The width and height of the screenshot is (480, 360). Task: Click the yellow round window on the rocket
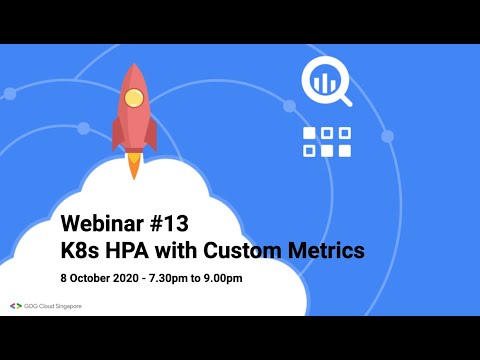pos(135,98)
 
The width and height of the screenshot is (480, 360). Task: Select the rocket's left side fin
pos(117,133)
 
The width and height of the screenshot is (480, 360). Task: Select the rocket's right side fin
pos(152,133)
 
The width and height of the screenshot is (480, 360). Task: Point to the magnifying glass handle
pos(345,99)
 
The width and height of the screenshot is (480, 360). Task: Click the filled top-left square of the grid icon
pos(309,133)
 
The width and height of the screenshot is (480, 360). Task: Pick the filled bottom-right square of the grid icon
pos(344,151)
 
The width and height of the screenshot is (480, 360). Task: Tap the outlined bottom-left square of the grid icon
pos(309,151)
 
